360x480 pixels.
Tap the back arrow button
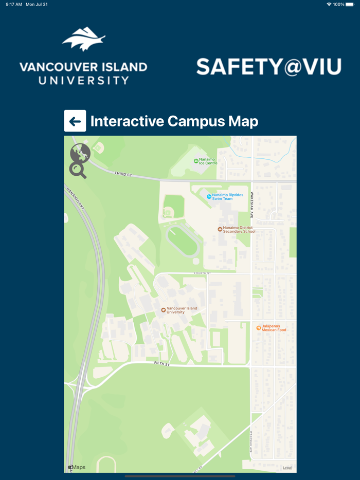[75, 121]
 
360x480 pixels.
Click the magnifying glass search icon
[78, 170]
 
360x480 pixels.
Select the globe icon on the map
[80, 153]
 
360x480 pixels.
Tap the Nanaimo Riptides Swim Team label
[222, 197]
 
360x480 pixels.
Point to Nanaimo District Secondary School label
[239, 230]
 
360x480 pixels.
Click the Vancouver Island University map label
[182, 310]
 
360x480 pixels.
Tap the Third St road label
[123, 175]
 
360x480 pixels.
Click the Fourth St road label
[202, 273]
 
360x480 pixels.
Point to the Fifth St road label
[161, 363]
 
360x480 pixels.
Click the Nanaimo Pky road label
[75, 197]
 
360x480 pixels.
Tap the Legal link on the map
[287, 468]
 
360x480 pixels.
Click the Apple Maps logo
[77, 467]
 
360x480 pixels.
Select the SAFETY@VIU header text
[268, 67]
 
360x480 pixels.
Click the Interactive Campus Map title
[174, 121]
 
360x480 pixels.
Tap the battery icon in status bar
[350, 4]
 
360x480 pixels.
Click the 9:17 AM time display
[14, 4]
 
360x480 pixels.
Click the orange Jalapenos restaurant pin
[259, 328]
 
